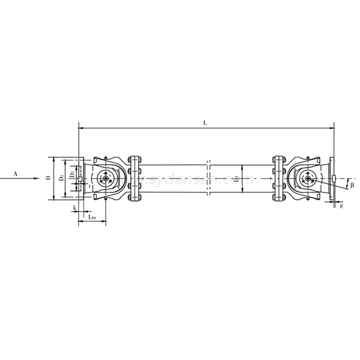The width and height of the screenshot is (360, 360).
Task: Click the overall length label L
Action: pos(205,123)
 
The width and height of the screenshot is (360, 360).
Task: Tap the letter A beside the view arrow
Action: pos(15,173)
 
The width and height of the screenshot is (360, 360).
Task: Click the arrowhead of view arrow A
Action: pos(36,179)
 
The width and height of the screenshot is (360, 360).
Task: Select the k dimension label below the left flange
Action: pos(74,207)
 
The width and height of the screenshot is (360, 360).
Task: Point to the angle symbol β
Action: pos(351,185)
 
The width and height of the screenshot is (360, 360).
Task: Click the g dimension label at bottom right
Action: pos(341,206)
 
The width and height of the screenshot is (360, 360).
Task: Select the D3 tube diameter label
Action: pos(237,179)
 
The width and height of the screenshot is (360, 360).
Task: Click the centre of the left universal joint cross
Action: pos(104,179)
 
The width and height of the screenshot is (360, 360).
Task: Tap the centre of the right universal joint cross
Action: pos(306,179)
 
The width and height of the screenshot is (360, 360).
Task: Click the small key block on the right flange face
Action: pos(334,179)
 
